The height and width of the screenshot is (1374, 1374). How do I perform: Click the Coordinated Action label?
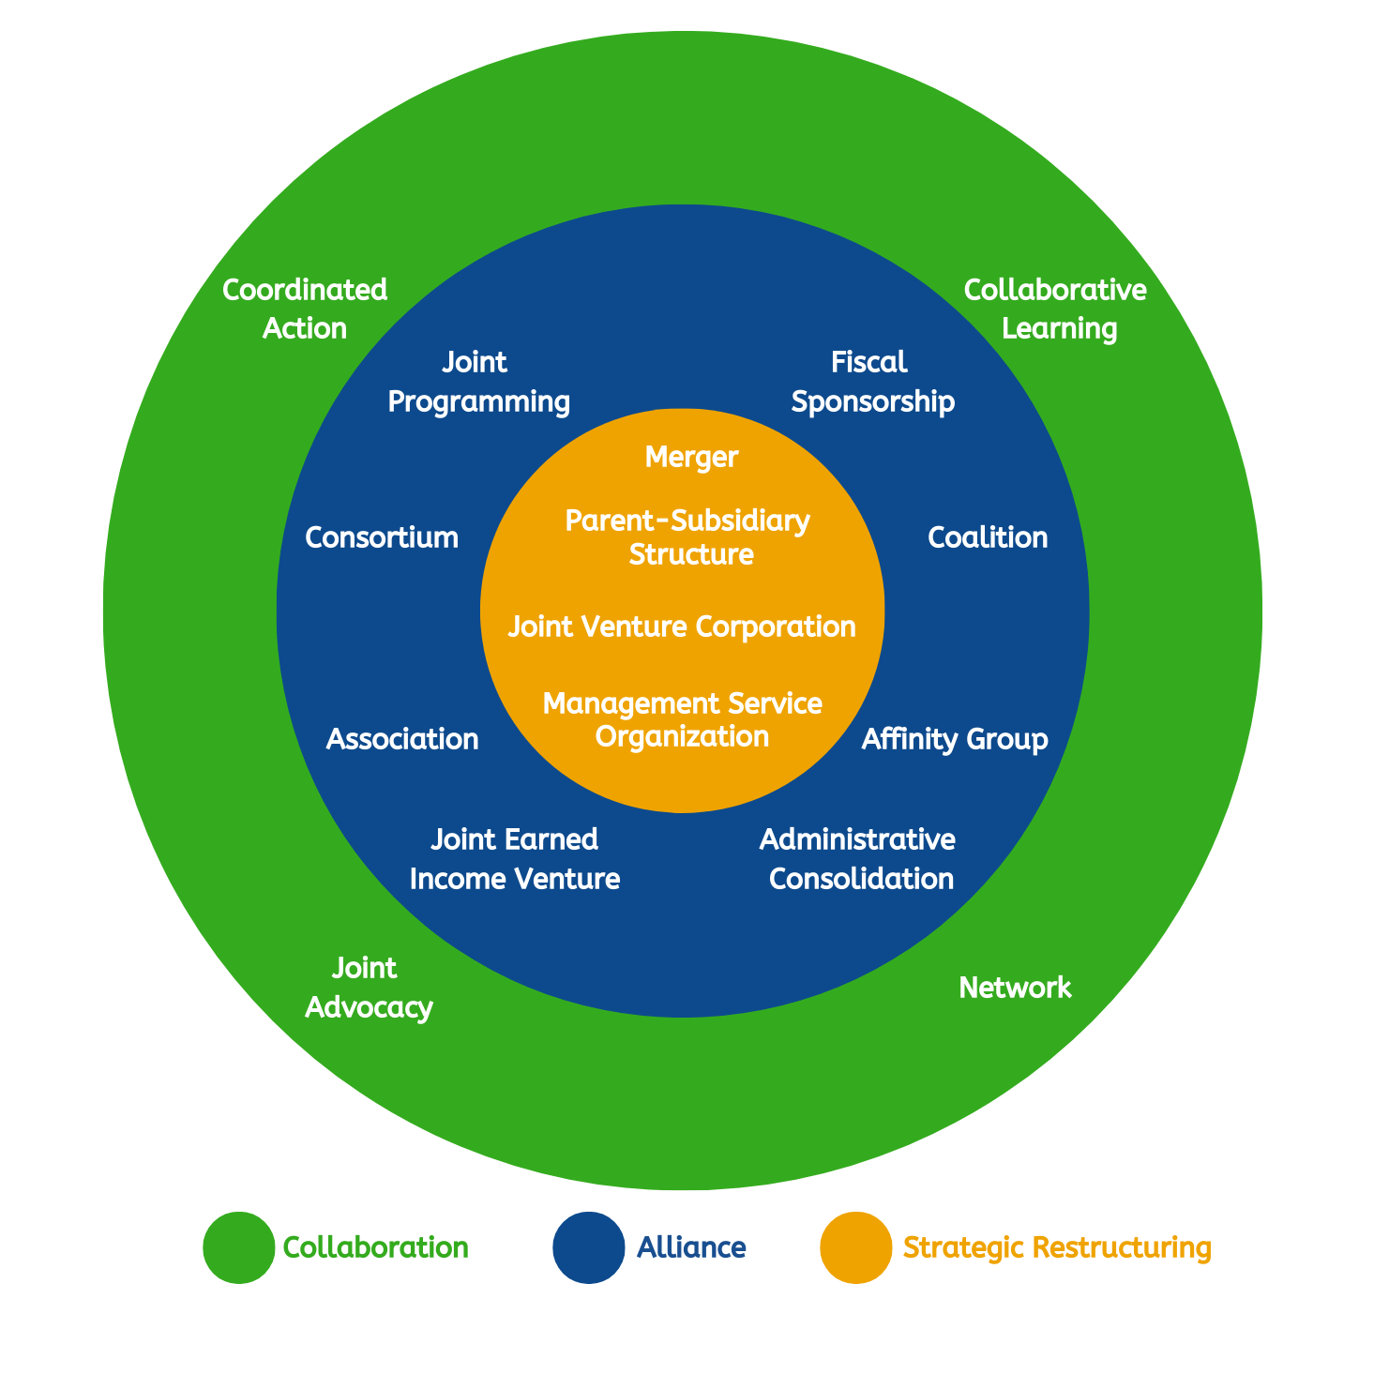click(x=305, y=310)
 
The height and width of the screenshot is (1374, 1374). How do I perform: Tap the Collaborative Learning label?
click(x=1056, y=310)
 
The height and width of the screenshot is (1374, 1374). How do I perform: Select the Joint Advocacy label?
click(x=369, y=988)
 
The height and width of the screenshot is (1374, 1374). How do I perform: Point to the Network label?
click(x=1015, y=988)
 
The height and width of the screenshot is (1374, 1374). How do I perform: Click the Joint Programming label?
click(x=478, y=382)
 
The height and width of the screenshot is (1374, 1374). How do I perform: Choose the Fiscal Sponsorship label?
click(x=872, y=382)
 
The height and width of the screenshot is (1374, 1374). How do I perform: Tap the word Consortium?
click(x=382, y=537)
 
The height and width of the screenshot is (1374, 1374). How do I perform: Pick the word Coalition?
click(x=988, y=537)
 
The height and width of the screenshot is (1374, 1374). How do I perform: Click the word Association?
click(x=402, y=739)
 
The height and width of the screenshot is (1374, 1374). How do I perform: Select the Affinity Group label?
click(x=955, y=739)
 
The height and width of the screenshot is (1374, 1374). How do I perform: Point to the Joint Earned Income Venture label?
click(x=515, y=859)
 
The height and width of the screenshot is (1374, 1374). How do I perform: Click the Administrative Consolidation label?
click(x=858, y=859)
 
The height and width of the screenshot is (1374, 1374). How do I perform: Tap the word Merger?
click(x=692, y=458)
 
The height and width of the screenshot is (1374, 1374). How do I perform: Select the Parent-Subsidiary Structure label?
click(x=688, y=537)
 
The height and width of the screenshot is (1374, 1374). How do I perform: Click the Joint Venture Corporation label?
click(x=682, y=627)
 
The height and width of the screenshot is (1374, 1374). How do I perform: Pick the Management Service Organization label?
click(x=683, y=719)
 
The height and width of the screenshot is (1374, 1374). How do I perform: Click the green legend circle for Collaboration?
click(x=239, y=1247)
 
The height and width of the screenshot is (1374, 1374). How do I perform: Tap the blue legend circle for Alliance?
click(x=588, y=1247)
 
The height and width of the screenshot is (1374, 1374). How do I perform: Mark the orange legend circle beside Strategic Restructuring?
click(x=855, y=1247)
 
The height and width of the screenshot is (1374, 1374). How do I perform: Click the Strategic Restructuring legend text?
click(x=1057, y=1248)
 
